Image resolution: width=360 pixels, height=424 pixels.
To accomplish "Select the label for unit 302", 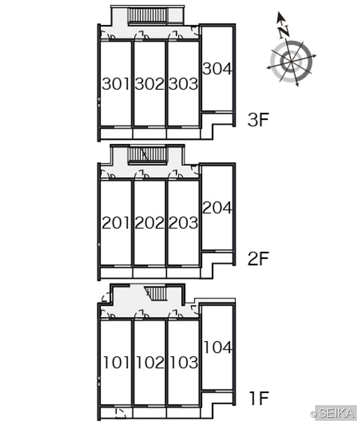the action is pyautogui.click(x=149, y=84).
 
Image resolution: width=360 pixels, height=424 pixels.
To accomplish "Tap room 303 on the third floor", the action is pyautogui.click(x=183, y=84).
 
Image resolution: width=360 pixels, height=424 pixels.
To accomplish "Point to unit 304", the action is pyautogui.click(x=217, y=69).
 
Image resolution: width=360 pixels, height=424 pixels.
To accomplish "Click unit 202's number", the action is pyautogui.click(x=149, y=223).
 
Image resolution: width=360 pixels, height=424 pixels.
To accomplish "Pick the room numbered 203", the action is pyautogui.click(x=183, y=223).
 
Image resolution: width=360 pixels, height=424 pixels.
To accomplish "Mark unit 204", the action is pyautogui.click(x=217, y=208).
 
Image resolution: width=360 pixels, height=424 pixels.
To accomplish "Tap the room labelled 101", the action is pyautogui.click(x=117, y=363).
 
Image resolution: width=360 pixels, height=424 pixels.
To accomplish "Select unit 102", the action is pyautogui.click(x=150, y=363).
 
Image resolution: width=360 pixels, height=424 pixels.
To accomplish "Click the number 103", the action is pyautogui.click(x=184, y=363).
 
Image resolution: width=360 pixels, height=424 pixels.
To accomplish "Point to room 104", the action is pyautogui.click(x=218, y=347).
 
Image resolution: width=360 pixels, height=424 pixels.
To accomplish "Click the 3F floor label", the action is pyautogui.click(x=258, y=120).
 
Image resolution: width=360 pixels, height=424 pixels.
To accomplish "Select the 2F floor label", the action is pyautogui.click(x=258, y=258).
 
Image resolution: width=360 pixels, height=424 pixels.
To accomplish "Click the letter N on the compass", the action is pyautogui.click(x=284, y=32).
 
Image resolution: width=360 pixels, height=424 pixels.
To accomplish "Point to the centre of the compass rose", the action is pyautogui.click(x=291, y=62).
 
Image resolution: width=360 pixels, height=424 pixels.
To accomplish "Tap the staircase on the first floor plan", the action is pyautogui.click(x=156, y=293).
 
